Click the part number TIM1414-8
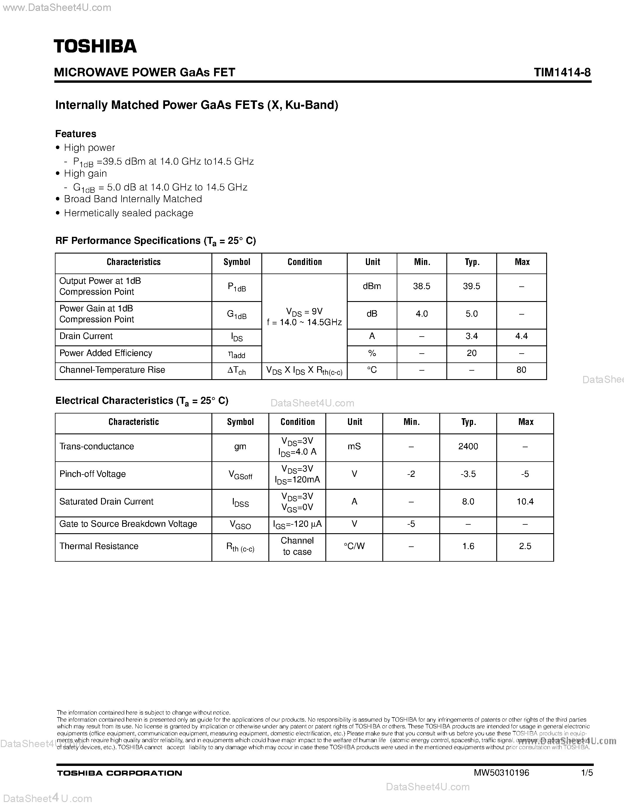click(562, 72)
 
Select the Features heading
click(76, 134)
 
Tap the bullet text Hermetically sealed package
click(128, 213)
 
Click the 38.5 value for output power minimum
click(421, 286)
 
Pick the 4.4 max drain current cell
click(521, 336)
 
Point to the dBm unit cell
click(371, 286)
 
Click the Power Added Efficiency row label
click(106, 353)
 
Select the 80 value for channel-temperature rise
click(521, 370)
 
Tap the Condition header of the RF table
click(304, 262)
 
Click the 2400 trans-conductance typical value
click(468, 447)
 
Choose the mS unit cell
click(354, 447)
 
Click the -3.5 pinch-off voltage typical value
click(468, 474)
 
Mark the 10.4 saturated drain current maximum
click(525, 502)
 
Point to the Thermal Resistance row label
click(99, 546)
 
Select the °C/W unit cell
click(354, 546)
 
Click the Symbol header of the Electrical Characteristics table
click(240, 422)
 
